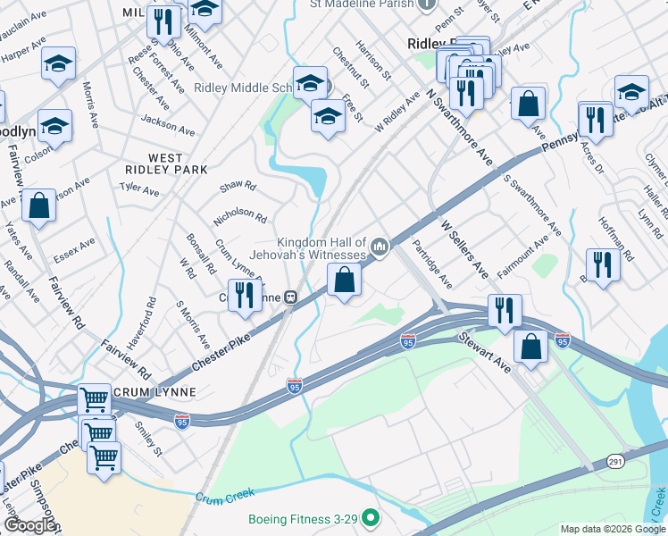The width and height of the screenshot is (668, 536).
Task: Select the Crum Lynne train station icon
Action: (x=290, y=297)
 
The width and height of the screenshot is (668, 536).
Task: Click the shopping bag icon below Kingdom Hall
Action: (x=345, y=282)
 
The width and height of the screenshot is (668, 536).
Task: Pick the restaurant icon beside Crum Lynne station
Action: (x=243, y=296)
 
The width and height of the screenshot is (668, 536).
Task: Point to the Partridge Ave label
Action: (x=432, y=263)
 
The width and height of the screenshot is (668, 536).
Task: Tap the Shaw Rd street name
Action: (x=238, y=186)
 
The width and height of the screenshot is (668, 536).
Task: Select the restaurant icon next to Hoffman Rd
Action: (x=603, y=265)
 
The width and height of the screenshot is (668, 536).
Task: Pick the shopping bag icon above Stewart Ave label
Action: (x=530, y=347)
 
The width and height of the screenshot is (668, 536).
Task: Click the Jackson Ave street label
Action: (x=167, y=124)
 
